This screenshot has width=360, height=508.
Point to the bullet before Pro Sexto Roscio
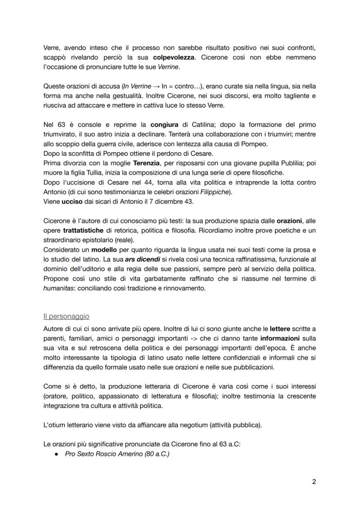tap(57, 454)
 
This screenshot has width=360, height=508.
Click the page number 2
tap(314, 482)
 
